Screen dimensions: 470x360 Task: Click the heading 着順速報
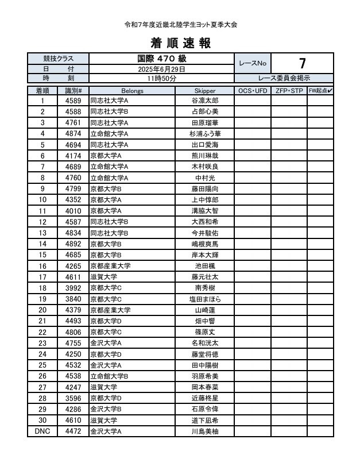point(180,43)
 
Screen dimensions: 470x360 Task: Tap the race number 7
point(302,63)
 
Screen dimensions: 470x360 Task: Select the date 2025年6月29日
point(161,69)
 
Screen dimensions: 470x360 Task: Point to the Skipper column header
point(204,91)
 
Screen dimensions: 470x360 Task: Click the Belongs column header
point(132,91)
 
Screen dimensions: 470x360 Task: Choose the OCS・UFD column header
point(253,91)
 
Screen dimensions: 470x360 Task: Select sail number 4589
point(73,101)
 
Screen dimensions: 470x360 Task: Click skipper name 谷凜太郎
point(204,101)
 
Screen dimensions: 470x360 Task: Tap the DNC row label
point(42,431)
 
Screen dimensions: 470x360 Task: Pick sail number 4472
point(73,431)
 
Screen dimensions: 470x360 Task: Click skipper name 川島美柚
point(204,431)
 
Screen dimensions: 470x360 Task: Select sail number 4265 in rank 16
point(73,266)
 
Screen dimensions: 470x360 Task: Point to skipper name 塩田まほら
point(204,299)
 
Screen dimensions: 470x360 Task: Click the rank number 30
point(42,420)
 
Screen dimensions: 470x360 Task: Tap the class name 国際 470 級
point(161,59)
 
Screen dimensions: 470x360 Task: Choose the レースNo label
point(253,64)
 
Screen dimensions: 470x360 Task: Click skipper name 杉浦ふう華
point(204,134)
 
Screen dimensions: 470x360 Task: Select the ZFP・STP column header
point(289,91)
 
